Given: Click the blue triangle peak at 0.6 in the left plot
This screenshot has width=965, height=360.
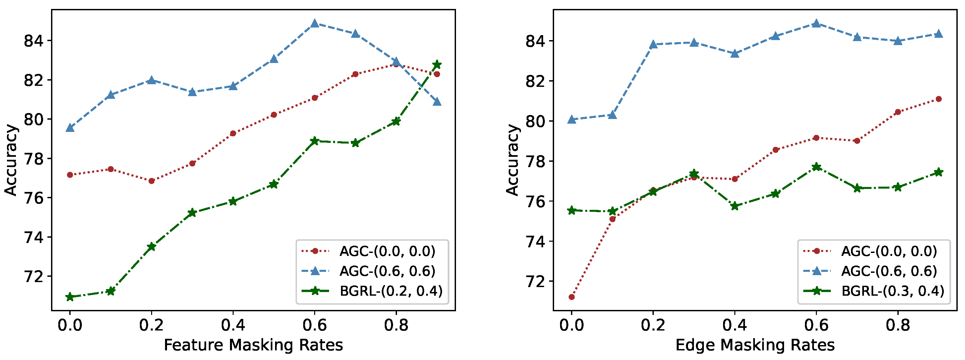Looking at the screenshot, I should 315,24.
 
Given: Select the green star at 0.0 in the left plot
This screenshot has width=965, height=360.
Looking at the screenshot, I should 70,297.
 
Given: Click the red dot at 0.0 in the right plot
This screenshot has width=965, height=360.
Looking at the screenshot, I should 572,297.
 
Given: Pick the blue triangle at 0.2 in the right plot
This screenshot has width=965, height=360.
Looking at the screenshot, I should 653,44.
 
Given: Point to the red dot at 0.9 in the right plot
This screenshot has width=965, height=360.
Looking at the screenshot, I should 939,99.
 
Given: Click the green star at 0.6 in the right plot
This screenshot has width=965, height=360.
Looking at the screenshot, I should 816,167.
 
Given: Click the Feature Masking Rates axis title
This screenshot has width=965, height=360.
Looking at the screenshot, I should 253,345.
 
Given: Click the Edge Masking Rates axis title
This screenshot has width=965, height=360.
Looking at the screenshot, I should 755,345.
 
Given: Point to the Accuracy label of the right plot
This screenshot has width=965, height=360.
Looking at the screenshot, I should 512,160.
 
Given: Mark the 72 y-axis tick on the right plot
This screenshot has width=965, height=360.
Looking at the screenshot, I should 536,281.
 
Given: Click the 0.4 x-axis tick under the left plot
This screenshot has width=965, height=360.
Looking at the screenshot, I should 233,326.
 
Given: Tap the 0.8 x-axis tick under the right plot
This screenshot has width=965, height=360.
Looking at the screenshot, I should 898,326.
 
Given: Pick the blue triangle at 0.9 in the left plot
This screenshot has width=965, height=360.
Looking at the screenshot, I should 437,102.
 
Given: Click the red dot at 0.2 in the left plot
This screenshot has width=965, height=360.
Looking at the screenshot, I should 151,181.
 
